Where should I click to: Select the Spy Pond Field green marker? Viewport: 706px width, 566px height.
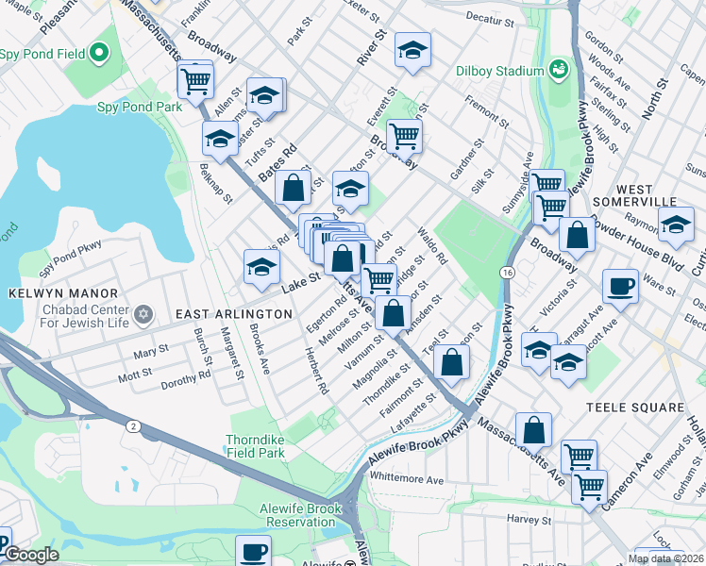click(97, 55)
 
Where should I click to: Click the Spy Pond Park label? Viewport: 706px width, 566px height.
click(140, 108)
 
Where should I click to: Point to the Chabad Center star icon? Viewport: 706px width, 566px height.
click(143, 312)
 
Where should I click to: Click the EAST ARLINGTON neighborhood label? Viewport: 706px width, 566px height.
click(234, 313)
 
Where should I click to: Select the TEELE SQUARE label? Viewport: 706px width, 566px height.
click(634, 408)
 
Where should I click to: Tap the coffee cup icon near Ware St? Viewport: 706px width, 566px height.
click(620, 286)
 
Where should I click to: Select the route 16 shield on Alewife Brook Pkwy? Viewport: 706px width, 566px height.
click(508, 273)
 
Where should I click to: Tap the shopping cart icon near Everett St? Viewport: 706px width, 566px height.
click(404, 134)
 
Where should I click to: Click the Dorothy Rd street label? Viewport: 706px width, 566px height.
click(185, 379)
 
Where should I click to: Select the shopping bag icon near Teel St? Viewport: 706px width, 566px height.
click(452, 362)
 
